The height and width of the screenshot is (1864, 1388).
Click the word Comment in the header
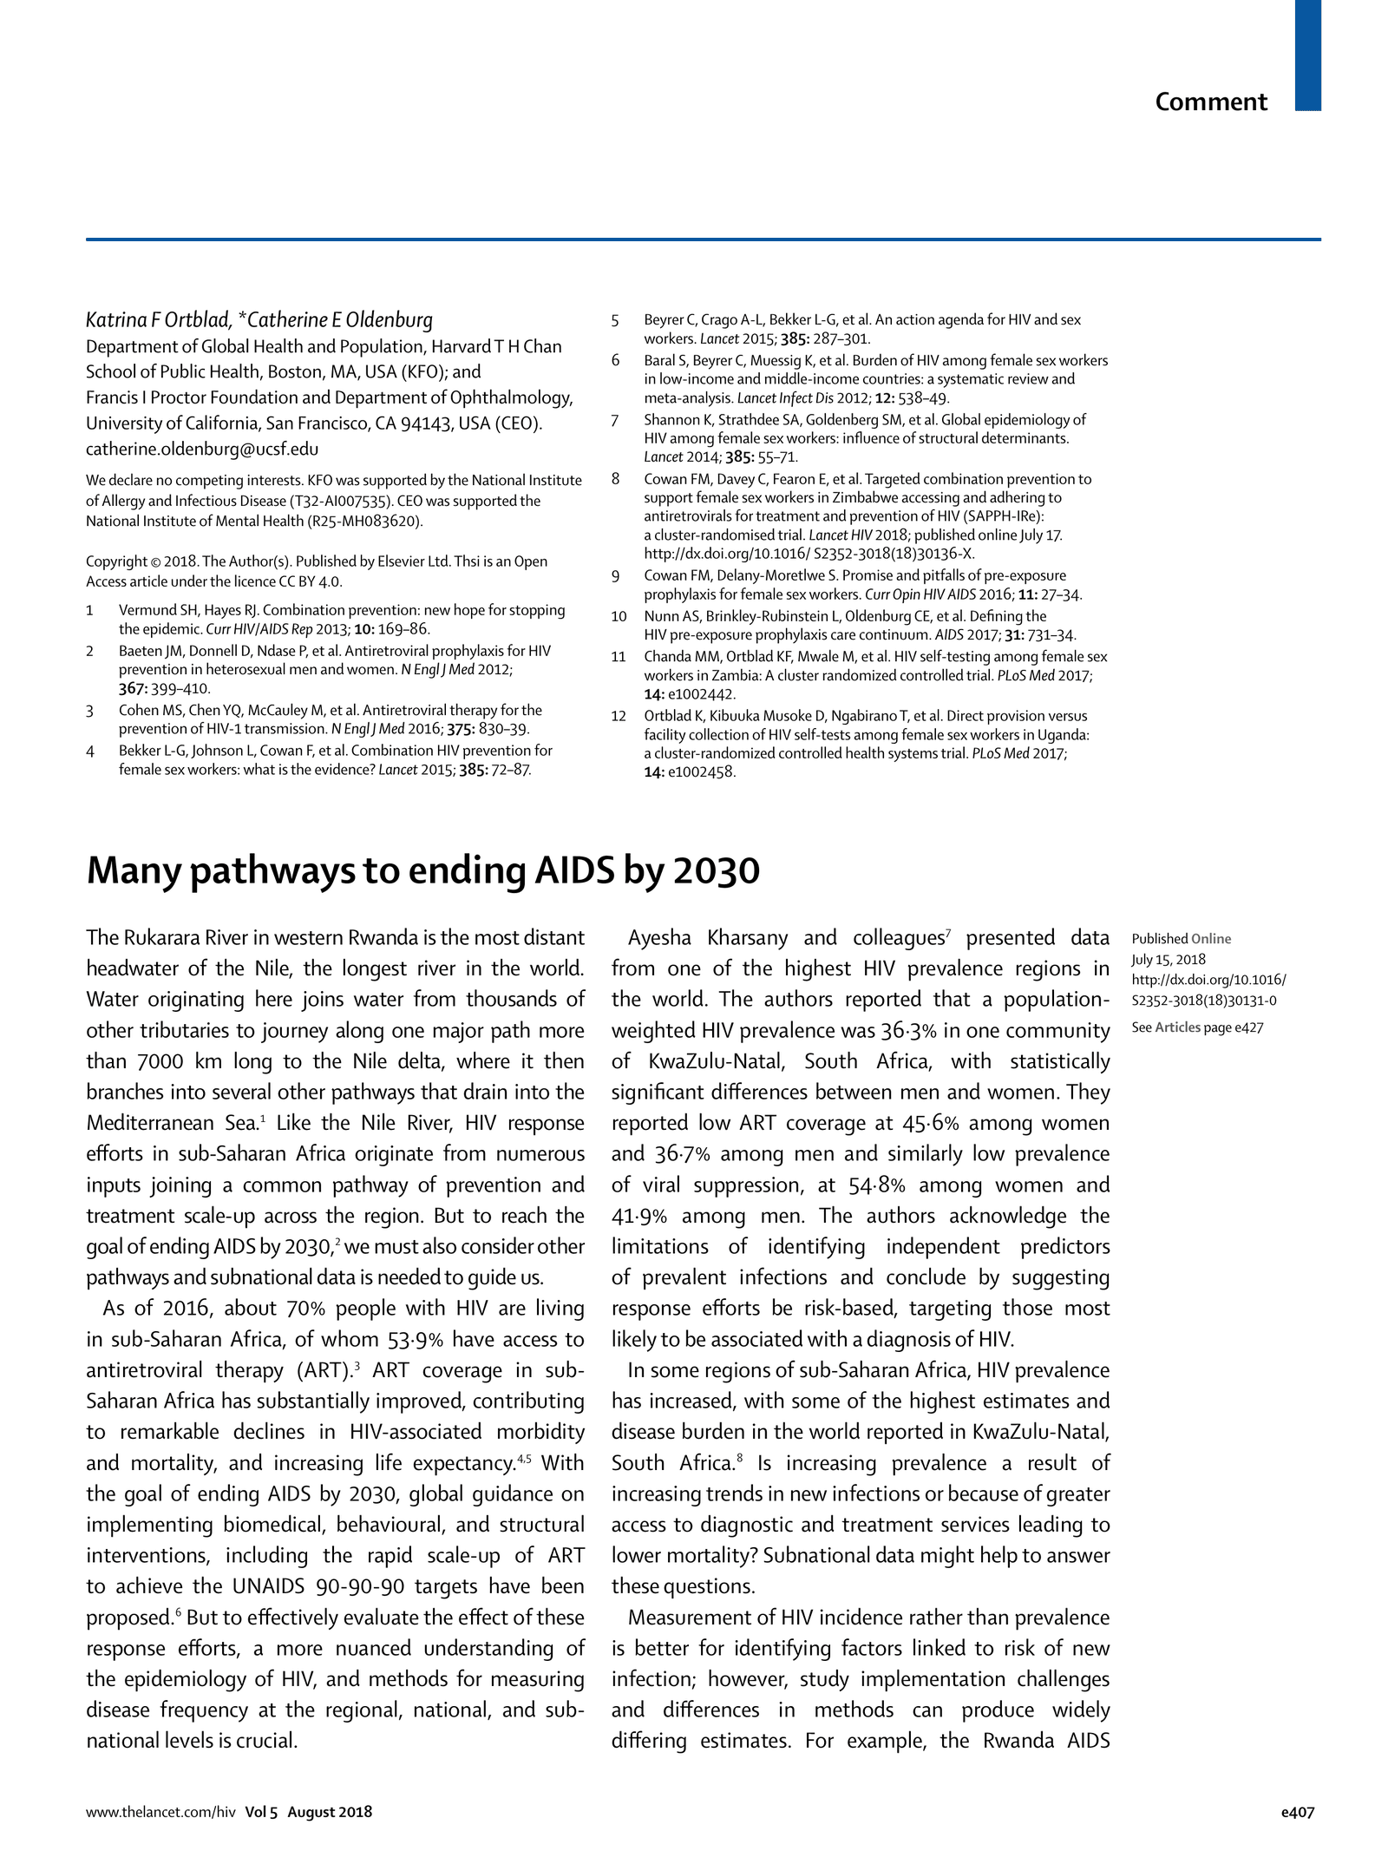(x=1210, y=102)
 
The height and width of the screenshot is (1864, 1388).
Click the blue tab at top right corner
(x=1307, y=55)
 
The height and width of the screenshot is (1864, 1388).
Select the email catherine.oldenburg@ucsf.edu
(x=201, y=450)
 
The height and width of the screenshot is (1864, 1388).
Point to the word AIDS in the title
(x=574, y=871)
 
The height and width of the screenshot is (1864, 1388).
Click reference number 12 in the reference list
(x=618, y=717)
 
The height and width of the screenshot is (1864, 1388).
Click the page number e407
(x=1298, y=1812)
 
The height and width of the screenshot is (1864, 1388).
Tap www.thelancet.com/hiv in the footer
(x=160, y=1812)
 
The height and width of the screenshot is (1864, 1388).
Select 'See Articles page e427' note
(x=1196, y=1027)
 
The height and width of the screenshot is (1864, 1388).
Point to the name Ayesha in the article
(x=659, y=938)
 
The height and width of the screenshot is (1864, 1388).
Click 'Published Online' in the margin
(x=1181, y=939)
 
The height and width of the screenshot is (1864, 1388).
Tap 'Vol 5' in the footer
(x=260, y=1812)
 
